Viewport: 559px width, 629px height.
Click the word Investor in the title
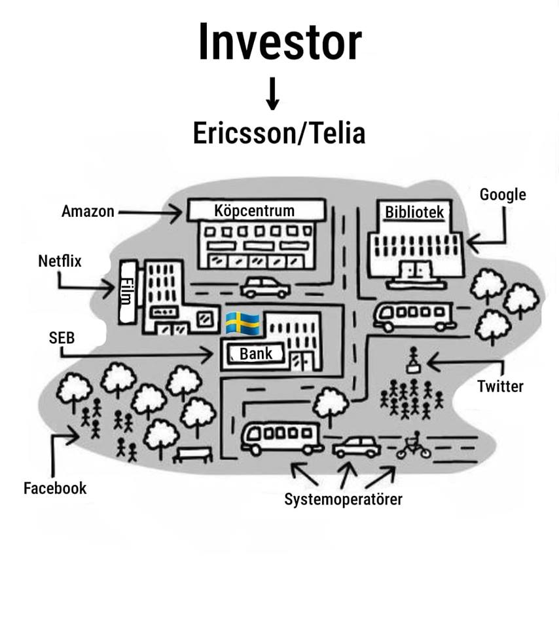[279, 43]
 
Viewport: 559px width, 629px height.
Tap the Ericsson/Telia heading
[279, 133]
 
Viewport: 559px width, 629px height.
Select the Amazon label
[88, 212]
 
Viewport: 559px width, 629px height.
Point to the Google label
[503, 195]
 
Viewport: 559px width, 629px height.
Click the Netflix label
[60, 261]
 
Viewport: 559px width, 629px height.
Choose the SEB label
[62, 338]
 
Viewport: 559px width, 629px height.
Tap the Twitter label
[500, 386]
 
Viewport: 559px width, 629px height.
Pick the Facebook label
[55, 488]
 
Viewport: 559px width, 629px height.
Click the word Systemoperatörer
[343, 499]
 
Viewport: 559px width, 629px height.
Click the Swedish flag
[242, 323]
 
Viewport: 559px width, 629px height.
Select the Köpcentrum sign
[255, 210]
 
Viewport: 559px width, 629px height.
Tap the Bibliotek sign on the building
[414, 212]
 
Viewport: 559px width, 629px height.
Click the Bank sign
[255, 354]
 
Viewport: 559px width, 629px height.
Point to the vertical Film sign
[127, 292]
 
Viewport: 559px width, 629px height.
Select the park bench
[192, 454]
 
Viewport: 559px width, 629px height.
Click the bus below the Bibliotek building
[414, 316]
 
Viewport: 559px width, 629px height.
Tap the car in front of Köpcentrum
[265, 286]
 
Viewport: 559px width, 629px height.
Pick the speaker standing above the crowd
[413, 358]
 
